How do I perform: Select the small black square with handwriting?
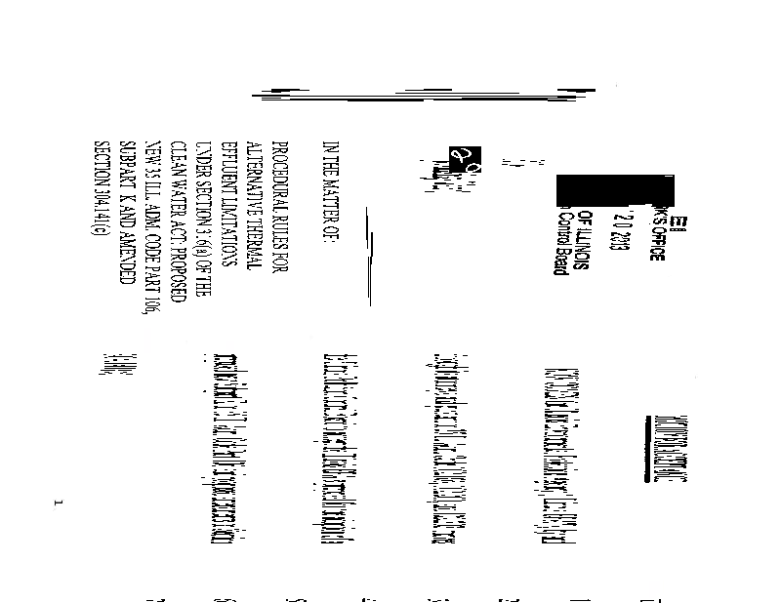point(460,155)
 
